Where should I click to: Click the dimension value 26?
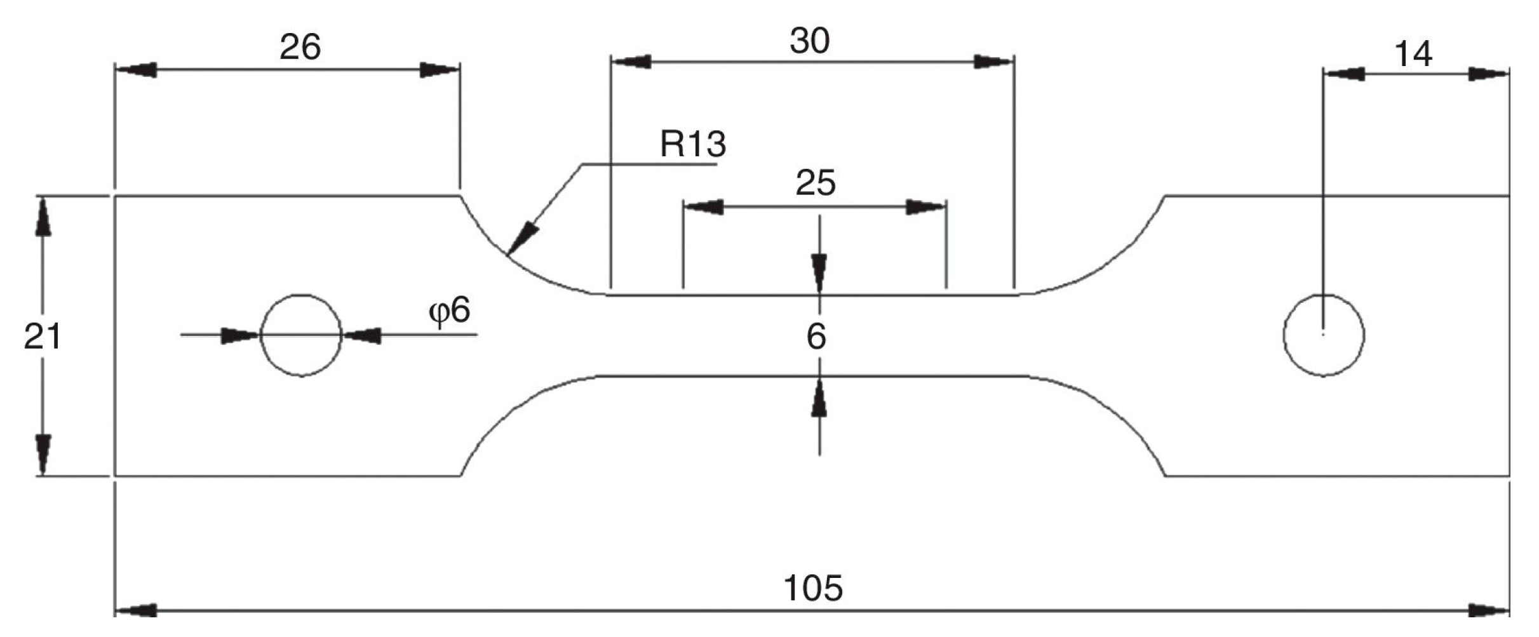click(x=300, y=47)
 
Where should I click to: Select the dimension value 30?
click(x=809, y=41)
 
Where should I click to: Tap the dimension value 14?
click(x=1413, y=54)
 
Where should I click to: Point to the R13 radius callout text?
click(x=692, y=144)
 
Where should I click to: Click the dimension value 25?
click(x=816, y=184)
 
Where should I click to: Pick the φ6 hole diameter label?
click(x=450, y=311)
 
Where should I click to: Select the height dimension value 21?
click(x=42, y=337)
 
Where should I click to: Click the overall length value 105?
click(x=813, y=588)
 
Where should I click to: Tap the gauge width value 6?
click(x=816, y=337)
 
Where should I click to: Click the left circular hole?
click(x=301, y=335)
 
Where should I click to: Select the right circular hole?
click(x=1323, y=335)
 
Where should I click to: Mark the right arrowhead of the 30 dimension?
click(x=994, y=62)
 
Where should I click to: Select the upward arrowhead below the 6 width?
click(x=819, y=398)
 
